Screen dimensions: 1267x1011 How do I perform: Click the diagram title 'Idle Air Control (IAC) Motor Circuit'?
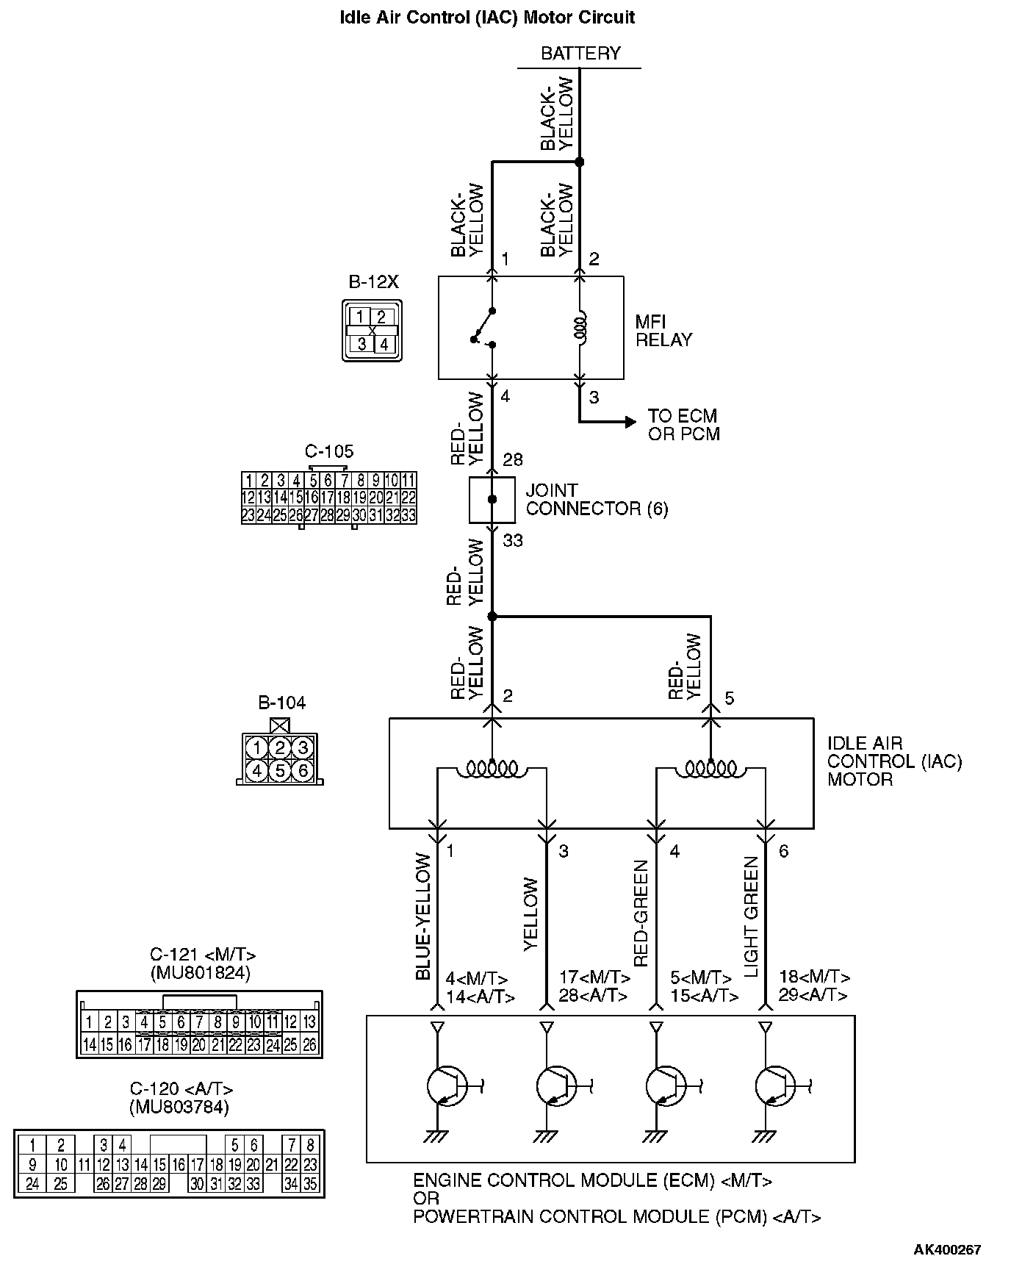coord(486,18)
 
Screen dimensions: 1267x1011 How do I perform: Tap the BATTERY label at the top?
coord(580,54)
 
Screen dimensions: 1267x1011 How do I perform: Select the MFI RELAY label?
coord(663,331)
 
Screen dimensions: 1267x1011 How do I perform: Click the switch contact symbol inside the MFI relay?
coord(484,328)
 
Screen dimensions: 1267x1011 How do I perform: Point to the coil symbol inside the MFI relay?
coord(580,329)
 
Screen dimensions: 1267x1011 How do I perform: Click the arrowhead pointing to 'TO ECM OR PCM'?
coord(630,422)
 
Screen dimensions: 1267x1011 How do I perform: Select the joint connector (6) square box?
coord(492,500)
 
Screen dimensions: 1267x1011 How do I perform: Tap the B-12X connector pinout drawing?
coord(372,331)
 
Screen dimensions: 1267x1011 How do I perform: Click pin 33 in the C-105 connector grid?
coord(409,515)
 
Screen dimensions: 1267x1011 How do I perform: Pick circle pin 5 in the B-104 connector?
coord(279,771)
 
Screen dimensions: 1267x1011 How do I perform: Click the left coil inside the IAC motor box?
coord(492,769)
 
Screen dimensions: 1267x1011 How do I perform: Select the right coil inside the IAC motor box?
coord(710,769)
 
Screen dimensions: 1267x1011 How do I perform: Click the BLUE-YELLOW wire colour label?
coord(423,916)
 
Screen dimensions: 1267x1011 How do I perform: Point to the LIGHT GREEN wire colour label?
coord(752,916)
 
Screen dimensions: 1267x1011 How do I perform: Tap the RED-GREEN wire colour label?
coord(641,914)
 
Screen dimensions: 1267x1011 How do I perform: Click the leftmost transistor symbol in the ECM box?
coord(446,1085)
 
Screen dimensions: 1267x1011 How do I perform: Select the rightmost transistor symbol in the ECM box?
coord(774,1085)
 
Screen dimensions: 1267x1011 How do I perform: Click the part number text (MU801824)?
coord(200,973)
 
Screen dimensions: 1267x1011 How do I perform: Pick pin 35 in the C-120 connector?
coord(311,1184)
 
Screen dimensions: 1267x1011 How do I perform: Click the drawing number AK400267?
coord(947,1249)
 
